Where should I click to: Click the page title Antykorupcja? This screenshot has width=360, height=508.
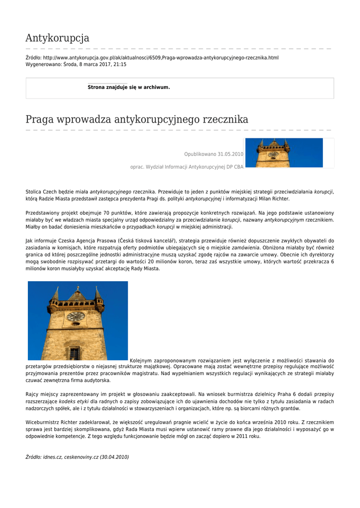point(57,38)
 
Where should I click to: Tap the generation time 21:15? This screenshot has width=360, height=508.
point(120,64)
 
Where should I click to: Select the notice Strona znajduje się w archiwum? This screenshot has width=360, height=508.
point(129,87)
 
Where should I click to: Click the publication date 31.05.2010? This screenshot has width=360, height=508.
point(230,154)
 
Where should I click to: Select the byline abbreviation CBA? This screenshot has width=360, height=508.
point(238,167)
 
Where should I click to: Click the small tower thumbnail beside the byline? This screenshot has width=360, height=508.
point(284,153)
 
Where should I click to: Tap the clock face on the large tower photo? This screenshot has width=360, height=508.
point(75,316)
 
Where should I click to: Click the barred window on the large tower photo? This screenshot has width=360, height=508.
point(74,353)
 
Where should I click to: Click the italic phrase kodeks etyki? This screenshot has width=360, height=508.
point(74,401)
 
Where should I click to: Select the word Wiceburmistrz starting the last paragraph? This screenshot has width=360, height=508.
point(42,422)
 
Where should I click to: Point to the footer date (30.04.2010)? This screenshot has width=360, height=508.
point(114,457)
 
